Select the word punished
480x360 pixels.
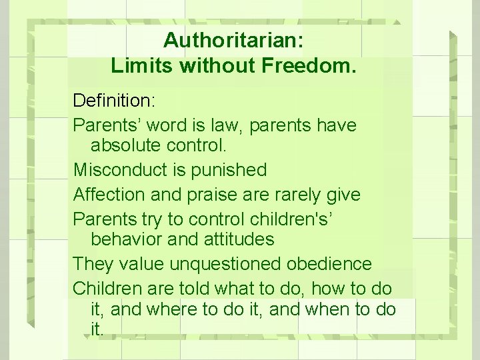229,171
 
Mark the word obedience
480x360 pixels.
329,263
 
